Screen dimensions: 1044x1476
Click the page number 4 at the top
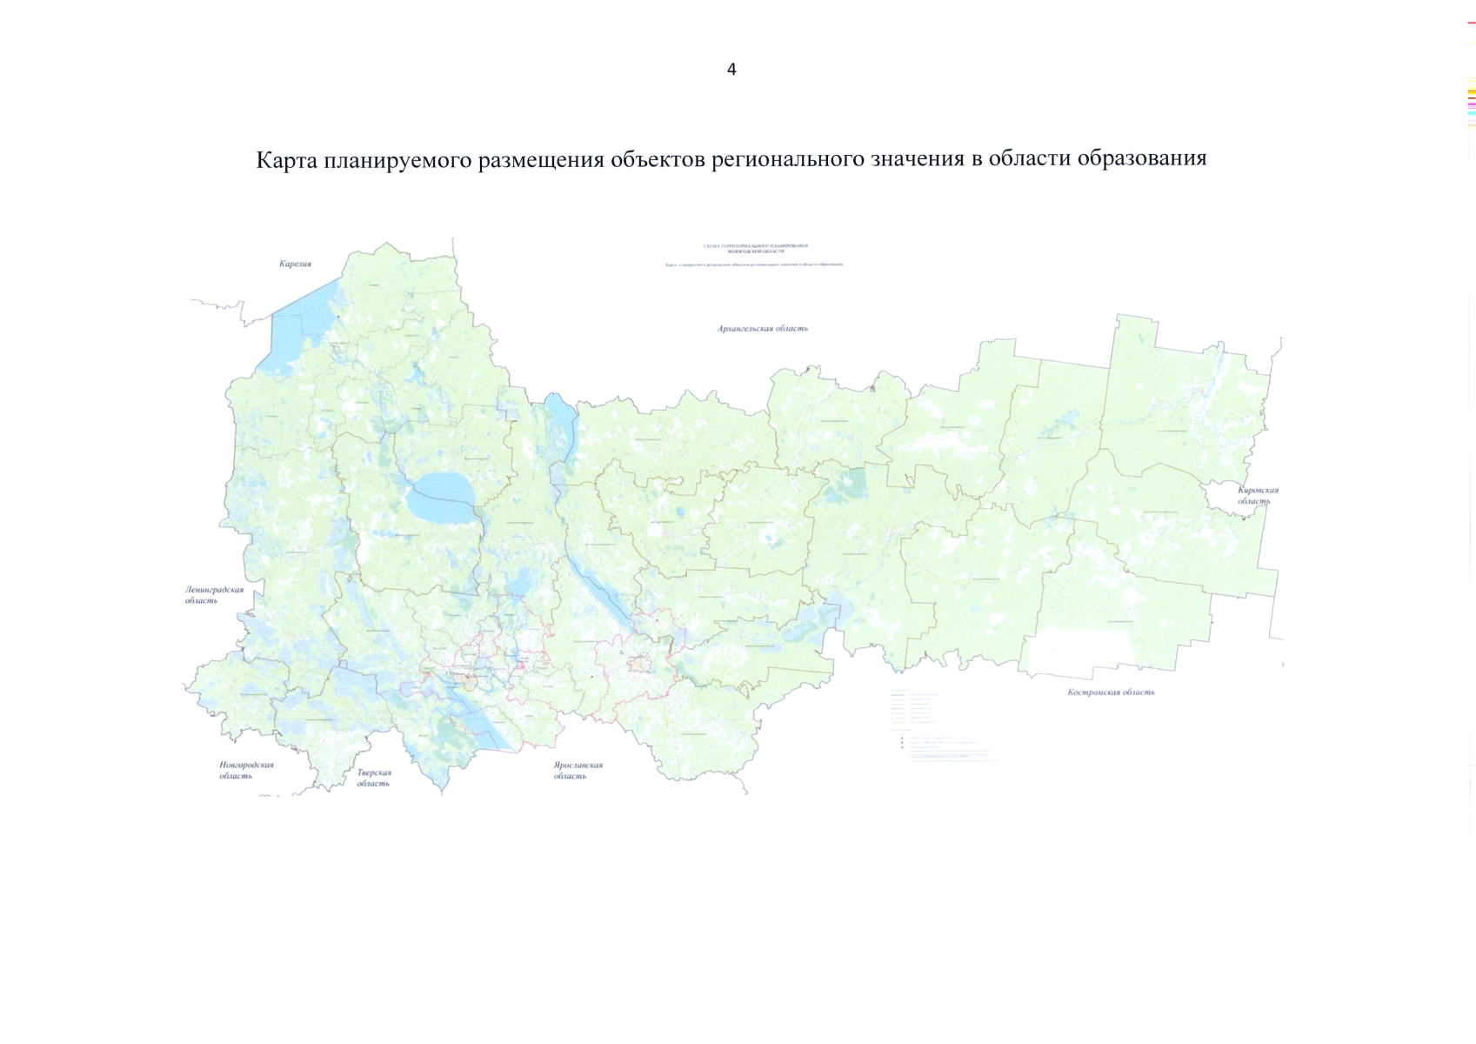tap(731, 70)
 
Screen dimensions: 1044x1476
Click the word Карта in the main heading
tap(286, 160)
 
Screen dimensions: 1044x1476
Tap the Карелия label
tap(295, 264)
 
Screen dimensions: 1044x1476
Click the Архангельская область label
tap(763, 329)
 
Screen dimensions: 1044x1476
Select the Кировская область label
tap(1258, 495)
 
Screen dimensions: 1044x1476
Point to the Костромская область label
tap(1111, 693)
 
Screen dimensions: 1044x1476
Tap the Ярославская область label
tap(578, 771)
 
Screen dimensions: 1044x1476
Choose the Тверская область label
tap(374, 778)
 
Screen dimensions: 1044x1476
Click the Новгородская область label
tap(245, 770)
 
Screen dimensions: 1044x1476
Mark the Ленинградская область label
tap(213, 594)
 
